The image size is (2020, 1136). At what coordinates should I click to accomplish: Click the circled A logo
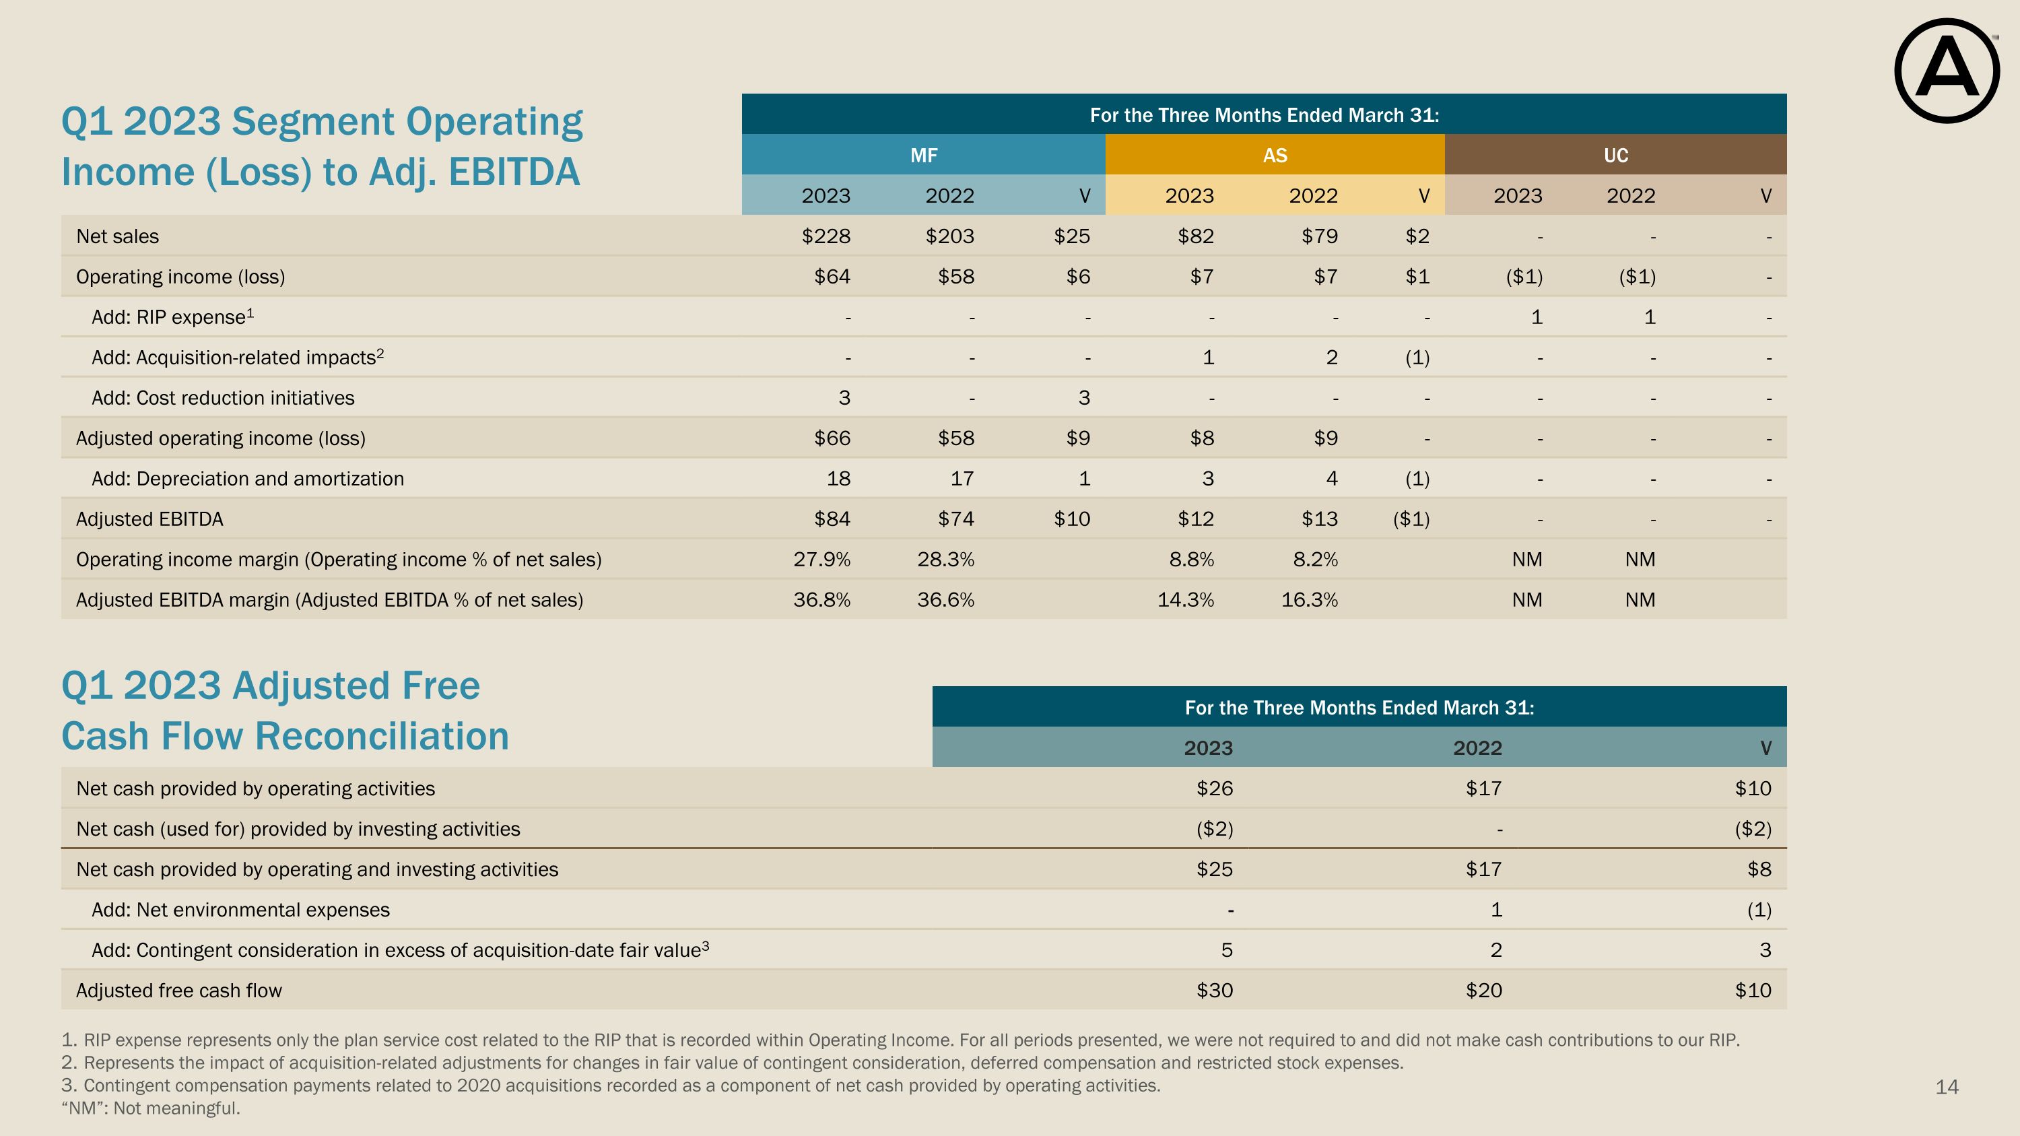(1947, 71)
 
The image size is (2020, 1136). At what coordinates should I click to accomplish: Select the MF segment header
(924, 156)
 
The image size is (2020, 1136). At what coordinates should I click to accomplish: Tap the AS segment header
(1275, 156)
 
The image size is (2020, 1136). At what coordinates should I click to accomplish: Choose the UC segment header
(1616, 156)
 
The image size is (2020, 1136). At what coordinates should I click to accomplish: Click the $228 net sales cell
(826, 236)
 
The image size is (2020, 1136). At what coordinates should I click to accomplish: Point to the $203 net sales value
(949, 236)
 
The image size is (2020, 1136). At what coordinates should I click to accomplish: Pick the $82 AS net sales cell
(1196, 236)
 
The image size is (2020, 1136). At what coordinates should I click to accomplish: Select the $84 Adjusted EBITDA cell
(832, 519)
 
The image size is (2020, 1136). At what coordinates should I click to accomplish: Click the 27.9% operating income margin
(821, 560)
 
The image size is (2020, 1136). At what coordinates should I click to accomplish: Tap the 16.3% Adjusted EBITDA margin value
(1310, 601)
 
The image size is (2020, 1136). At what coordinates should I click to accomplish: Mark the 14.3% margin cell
(1186, 601)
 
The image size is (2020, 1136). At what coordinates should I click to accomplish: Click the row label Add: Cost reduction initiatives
(223, 398)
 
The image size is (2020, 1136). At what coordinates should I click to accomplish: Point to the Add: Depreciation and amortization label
(248, 479)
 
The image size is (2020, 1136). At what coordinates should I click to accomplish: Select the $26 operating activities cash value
(1215, 789)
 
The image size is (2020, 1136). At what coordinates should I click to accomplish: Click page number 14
(1947, 1088)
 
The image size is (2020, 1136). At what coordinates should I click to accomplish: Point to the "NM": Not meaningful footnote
(151, 1108)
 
